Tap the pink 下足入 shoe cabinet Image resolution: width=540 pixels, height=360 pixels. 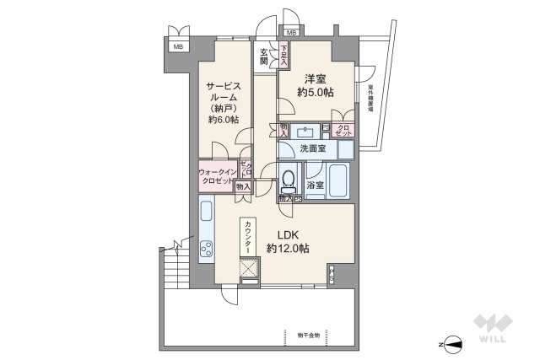pyautogui.click(x=283, y=55)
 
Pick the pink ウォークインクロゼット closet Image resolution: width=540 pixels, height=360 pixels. pyautogui.click(x=218, y=177)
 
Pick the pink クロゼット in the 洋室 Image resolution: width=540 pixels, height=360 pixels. pyautogui.click(x=343, y=130)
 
